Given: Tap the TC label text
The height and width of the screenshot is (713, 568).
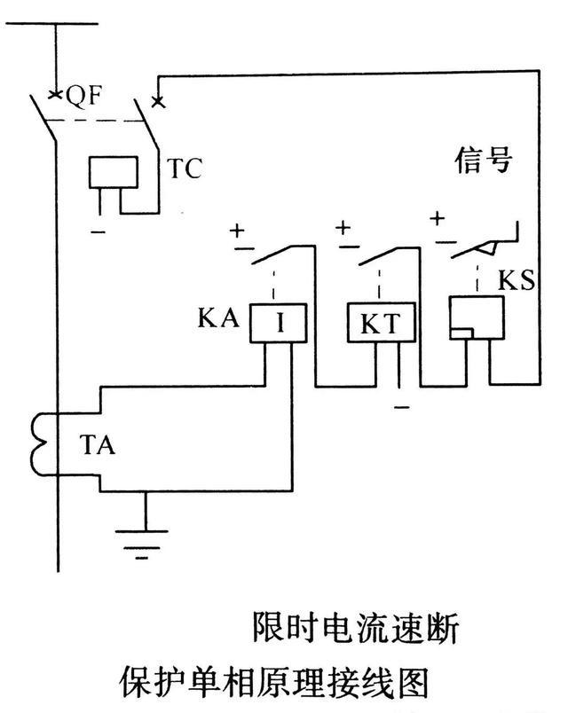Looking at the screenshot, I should coord(185,168).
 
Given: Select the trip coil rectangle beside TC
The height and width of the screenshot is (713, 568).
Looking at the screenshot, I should coord(114,171).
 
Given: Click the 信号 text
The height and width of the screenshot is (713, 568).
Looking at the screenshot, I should coord(484,162).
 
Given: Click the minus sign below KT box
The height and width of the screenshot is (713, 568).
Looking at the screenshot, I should coord(401,407).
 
